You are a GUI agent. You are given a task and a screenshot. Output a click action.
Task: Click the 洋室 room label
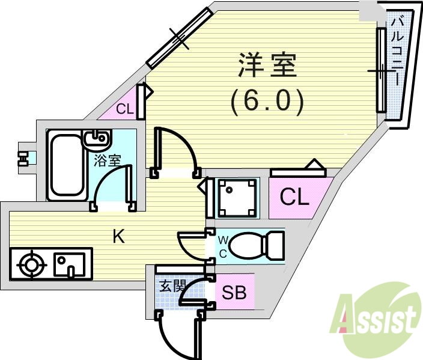(267, 65)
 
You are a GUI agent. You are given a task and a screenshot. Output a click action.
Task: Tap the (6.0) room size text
(267, 102)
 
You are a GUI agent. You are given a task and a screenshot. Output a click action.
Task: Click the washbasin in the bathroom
(97, 138)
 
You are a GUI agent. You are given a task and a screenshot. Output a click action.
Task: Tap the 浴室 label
(107, 161)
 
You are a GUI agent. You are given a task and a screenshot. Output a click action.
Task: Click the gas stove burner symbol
(32, 264)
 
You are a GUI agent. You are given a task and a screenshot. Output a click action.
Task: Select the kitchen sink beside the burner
(69, 264)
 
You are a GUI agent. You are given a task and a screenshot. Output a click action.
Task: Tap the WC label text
(223, 246)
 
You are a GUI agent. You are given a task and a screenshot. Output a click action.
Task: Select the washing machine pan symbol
(237, 198)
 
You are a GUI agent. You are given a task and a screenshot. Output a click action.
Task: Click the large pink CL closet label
(294, 197)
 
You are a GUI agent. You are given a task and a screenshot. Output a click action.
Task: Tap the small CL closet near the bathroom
(125, 109)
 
